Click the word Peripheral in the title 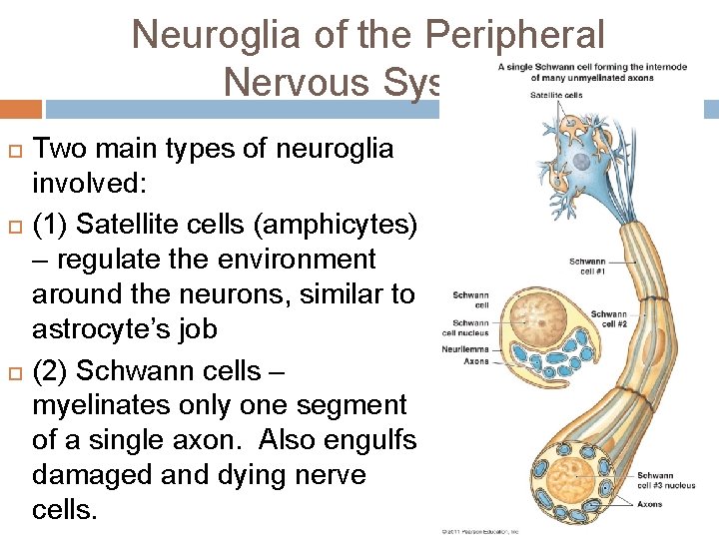tap(513, 34)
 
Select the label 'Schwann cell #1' tap(587, 267)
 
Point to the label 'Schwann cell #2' tap(608, 318)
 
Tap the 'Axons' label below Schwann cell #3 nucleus tap(649, 504)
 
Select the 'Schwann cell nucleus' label tap(470, 327)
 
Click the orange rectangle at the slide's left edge tap(20, 109)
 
